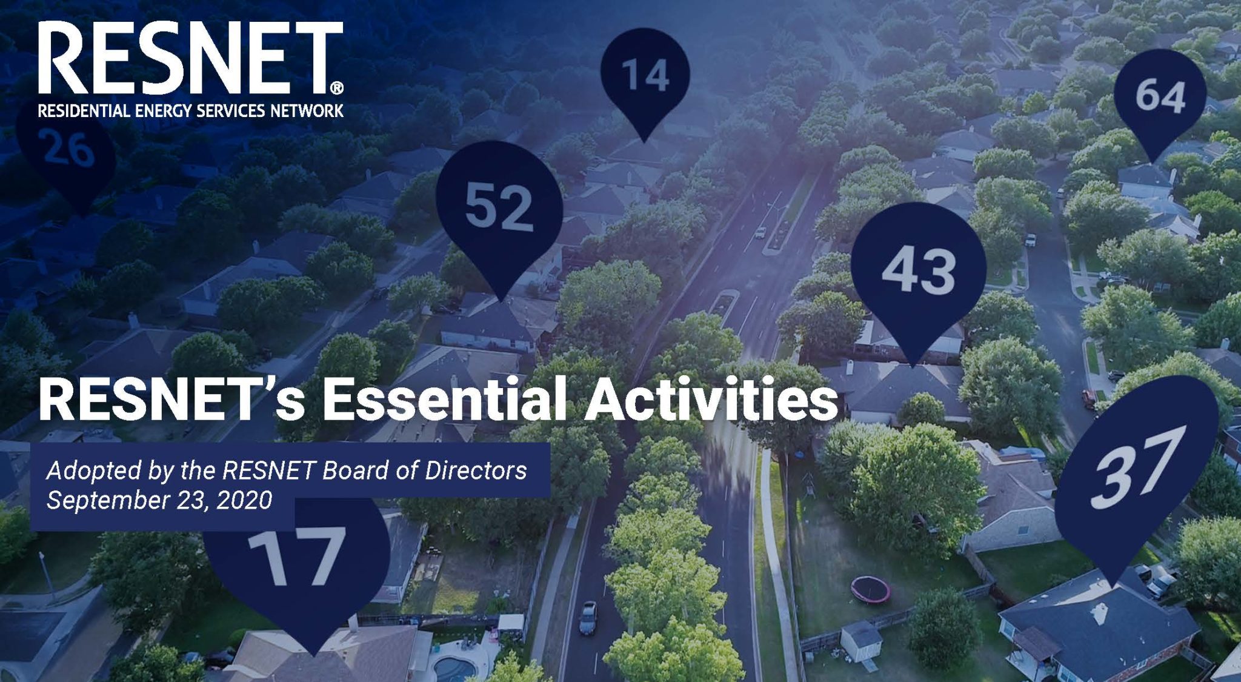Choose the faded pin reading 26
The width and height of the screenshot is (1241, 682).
pos(68,149)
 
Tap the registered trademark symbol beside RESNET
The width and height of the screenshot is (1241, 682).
pos(337,89)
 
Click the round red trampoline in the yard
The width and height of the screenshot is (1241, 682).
pos(871,589)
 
